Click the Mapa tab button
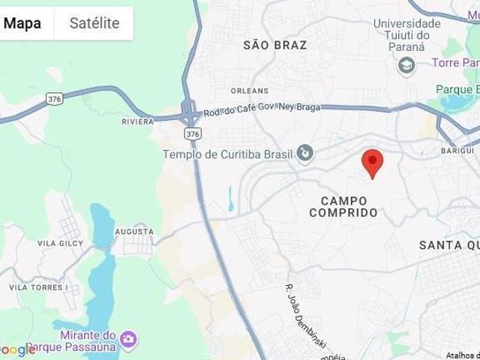point(22,23)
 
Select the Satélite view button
point(94,23)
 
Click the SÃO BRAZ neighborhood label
point(275,45)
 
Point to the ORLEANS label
point(250,91)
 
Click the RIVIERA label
point(137,121)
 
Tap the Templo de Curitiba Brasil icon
point(305,154)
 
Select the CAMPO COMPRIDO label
point(343,206)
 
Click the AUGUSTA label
point(134,232)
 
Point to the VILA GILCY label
point(60,243)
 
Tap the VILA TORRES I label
point(38,287)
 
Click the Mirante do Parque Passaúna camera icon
point(128,340)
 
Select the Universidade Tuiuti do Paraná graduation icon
point(406,65)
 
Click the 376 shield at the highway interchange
point(193,133)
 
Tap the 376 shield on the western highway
point(54,98)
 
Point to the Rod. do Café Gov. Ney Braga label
point(261,108)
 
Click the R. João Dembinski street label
point(306,316)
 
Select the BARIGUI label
point(457,151)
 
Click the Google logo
point(16,349)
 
